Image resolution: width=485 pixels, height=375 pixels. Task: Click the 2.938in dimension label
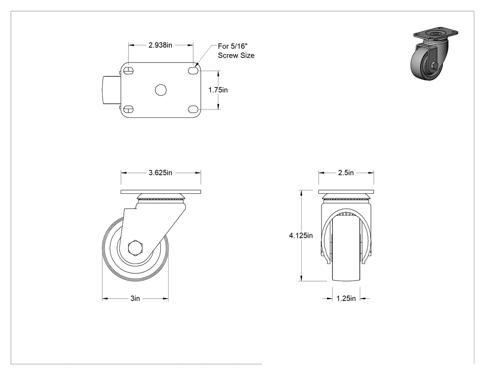[160, 45]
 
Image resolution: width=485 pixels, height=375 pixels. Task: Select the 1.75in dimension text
[218, 90]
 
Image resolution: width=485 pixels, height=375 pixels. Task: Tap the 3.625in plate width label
[160, 173]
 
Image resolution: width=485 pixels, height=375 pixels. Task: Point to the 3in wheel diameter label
[135, 299]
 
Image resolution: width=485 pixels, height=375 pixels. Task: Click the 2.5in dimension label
[346, 173]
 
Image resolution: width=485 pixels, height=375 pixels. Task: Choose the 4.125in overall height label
[301, 236]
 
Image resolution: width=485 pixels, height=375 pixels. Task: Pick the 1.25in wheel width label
[346, 299]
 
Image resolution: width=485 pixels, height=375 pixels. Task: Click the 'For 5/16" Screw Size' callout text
[236, 51]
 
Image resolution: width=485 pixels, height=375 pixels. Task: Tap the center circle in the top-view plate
[161, 90]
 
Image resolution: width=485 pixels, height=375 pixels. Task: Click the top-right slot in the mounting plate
[193, 71]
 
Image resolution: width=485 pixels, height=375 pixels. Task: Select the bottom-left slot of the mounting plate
[128, 109]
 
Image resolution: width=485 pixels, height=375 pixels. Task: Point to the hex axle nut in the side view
[135, 248]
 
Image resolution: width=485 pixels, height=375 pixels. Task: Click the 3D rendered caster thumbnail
[434, 55]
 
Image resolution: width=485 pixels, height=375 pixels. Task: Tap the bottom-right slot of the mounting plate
[193, 109]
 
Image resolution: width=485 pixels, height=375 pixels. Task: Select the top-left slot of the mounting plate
[128, 71]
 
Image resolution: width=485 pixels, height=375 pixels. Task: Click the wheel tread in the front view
[346, 272]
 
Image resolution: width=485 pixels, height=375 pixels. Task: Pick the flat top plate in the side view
[161, 192]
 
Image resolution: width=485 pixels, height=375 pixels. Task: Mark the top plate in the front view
[346, 192]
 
